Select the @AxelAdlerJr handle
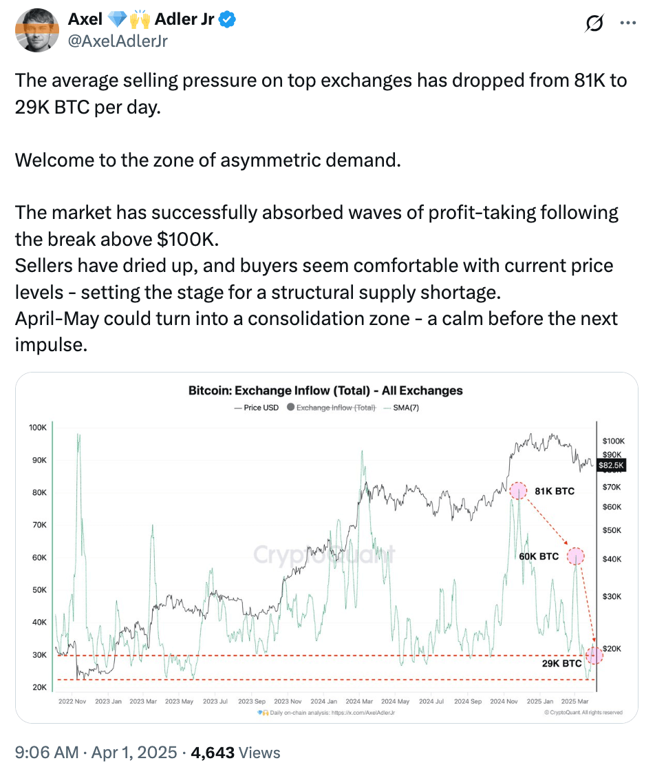coord(118,41)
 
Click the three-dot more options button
coord(628,23)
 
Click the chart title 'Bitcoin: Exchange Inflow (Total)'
coord(325,390)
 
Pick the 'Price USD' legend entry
coord(257,408)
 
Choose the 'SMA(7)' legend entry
coord(405,408)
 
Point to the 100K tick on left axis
coord(38,428)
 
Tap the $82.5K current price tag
coord(611,466)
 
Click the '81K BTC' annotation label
coord(554,491)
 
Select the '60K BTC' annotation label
coord(539,556)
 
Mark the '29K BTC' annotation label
coord(561,664)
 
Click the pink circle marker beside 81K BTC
coord(519,490)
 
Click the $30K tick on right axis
coord(612,596)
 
